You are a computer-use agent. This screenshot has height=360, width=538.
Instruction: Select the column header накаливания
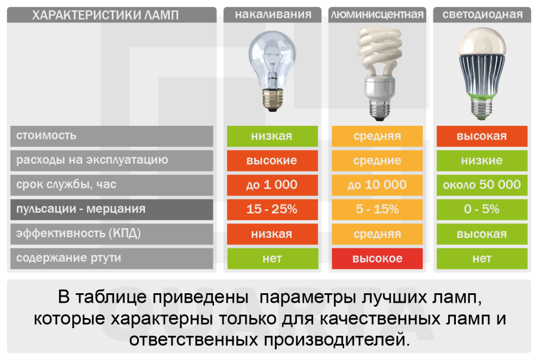point(273,15)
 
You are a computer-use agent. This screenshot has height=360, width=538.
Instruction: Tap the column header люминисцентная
point(377,15)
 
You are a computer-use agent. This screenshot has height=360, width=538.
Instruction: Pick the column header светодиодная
point(482,15)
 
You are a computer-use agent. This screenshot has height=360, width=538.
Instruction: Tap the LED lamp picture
point(482,74)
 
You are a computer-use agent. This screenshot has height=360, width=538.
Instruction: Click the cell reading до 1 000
point(272,185)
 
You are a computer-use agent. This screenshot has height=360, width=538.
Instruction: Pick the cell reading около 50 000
point(482,185)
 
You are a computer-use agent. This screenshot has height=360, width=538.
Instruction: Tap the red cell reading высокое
point(377,259)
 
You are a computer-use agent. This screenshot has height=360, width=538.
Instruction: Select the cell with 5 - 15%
point(377,209)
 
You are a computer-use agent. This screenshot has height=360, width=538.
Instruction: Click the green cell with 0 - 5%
point(482,209)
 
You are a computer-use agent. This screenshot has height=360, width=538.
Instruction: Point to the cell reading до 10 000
point(377,185)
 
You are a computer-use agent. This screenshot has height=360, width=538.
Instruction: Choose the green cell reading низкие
point(482,160)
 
